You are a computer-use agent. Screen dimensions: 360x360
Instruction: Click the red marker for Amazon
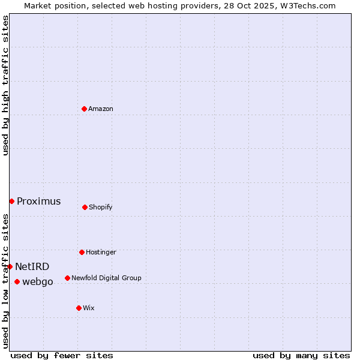(84, 109)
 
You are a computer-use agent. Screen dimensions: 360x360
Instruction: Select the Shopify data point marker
(85, 207)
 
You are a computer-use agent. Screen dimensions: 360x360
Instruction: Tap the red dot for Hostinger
(82, 252)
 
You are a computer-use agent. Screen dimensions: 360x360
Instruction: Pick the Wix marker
(79, 308)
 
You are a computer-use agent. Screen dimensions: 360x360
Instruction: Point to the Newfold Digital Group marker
(67, 278)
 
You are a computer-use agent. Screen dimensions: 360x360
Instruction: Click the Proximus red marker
(11, 201)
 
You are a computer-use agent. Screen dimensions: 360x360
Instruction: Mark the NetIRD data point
(10, 266)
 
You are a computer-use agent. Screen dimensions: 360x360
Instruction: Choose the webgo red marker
(17, 281)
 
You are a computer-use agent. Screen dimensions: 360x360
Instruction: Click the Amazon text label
(101, 109)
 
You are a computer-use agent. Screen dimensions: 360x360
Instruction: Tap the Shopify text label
(101, 207)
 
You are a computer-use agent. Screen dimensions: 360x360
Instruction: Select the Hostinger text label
(101, 252)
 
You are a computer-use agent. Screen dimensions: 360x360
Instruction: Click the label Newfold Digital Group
(106, 278)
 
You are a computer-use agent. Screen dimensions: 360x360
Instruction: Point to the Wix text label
(89, 308)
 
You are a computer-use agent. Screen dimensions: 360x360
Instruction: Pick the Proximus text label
(39, 201)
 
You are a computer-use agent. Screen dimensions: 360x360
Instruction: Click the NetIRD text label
(32, 266)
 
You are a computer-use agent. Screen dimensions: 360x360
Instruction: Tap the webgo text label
(38, 281)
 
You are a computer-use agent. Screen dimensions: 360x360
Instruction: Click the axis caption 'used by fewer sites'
(62, 355)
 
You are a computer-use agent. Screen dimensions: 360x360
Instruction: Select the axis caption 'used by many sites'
(301, 355)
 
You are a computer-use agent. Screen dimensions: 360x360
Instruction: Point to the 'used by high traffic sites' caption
(5, 86)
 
